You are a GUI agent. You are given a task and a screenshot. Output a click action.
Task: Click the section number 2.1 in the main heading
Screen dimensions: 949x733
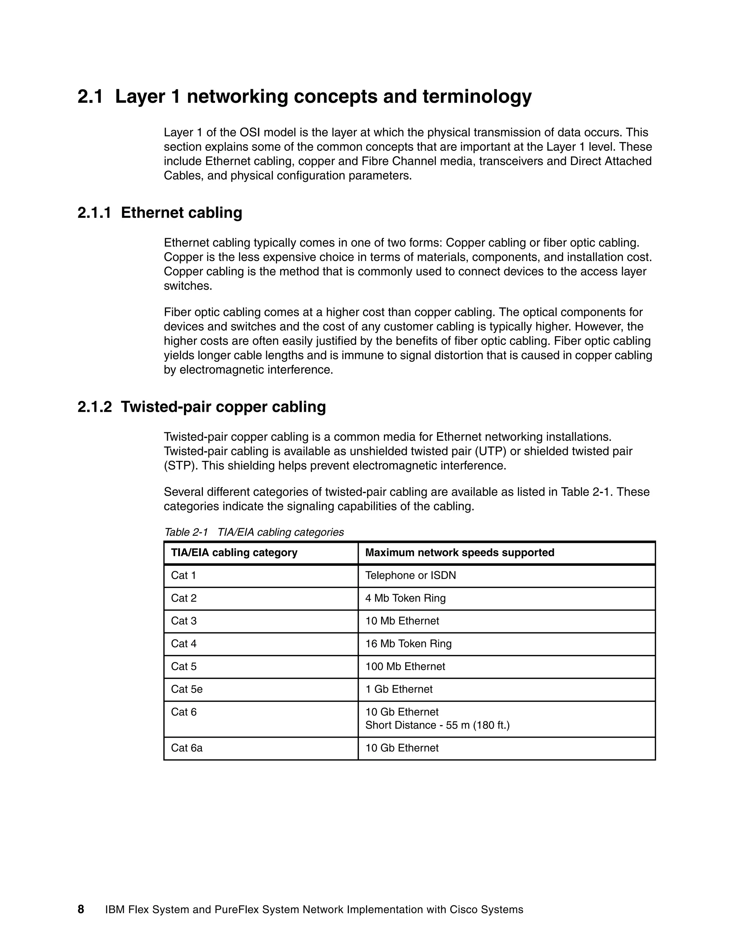tap(90, 96)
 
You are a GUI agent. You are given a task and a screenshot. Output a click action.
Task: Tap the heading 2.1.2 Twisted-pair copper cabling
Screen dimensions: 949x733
tap(202, 407)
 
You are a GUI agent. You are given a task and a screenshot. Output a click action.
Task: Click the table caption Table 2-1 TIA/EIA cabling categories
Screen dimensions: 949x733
tap(254, 532)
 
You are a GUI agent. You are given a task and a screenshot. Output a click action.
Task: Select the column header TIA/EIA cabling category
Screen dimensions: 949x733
tap(234, 553)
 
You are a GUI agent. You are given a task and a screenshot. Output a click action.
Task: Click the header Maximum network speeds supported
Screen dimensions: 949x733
tap(460, 553)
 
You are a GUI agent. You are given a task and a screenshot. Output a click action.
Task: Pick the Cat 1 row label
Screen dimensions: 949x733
tap(183, 575)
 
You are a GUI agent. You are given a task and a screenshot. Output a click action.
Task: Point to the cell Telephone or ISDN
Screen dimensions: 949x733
tap(411, 575)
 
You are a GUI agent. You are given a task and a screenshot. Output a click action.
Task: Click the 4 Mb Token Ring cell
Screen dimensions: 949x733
tap(405, 598)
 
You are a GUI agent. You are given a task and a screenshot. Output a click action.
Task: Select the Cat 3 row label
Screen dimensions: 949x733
tap(183, 621)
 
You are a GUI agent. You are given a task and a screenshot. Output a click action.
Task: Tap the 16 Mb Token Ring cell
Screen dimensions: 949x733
tap(408, 644)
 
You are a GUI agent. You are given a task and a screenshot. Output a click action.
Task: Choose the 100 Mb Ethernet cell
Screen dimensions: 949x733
tap(405, 666)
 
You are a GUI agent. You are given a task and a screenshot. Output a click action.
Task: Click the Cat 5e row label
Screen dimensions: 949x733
tap(186, 689)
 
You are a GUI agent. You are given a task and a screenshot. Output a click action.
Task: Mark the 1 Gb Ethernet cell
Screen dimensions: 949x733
tap(399, 689)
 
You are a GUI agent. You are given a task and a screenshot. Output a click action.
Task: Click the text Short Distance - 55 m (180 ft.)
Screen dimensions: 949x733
tap(437, 725)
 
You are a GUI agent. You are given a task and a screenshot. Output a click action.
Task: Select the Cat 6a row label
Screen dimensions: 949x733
tap(186, 748)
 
